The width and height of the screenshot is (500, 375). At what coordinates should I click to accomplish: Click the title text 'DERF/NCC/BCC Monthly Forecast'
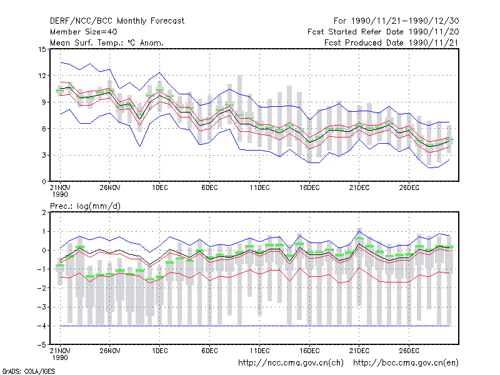coord(117,21)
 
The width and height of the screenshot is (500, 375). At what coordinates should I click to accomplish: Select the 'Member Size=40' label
coord(84,32)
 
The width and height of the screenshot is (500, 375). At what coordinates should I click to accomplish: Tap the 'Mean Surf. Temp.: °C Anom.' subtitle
coord(107,42)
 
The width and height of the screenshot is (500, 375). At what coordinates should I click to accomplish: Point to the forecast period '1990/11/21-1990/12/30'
coord(405,21)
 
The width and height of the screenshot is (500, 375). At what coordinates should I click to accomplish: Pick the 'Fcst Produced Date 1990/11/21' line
coord(392,42)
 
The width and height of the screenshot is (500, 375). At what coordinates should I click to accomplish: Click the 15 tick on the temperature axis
coord(42,49)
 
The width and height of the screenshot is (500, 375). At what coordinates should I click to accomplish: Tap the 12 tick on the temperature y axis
coord(42,76)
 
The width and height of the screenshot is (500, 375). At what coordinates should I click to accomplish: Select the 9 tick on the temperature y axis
coord(44,102)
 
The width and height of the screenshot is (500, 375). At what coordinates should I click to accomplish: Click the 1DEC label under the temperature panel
coord(160,188)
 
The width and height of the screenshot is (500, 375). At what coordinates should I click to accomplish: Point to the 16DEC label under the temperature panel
coord(309,188)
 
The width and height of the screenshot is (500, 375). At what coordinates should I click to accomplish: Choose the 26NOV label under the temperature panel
coord(110,188)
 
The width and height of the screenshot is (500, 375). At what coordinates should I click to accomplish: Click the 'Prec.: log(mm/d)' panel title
coord(86,206)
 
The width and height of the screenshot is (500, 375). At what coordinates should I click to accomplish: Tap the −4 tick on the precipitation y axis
coord(42,326)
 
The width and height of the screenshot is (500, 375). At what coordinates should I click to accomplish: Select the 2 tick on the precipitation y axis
coord(44,212)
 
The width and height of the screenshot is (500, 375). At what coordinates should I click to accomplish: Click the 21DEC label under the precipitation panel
coord(359,351)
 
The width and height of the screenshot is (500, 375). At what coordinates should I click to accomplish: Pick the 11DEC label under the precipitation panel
coord(259,351)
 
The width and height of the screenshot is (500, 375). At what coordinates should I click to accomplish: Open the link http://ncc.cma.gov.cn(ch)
coord(291,363)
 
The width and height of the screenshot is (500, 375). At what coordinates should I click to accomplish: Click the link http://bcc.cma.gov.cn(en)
coord(406,363)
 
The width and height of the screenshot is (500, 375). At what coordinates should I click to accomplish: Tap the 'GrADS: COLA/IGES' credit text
coord(28,371)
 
